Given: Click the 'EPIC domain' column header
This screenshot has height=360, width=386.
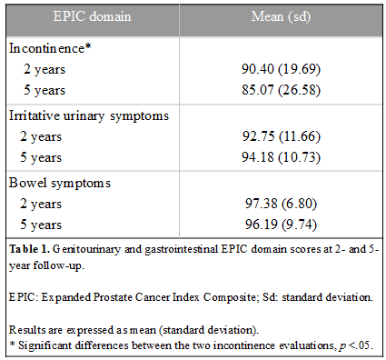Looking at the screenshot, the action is [92, 16].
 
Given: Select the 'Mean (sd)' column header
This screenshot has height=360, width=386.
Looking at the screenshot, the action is [281, 17].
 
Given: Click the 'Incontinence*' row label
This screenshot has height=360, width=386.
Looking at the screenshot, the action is [50, 48].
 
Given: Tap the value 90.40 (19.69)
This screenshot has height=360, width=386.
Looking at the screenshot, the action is [281, 69].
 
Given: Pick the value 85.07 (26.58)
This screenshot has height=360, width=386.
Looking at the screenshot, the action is [281, 90].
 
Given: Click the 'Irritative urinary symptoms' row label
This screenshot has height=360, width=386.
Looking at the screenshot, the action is [89, 116].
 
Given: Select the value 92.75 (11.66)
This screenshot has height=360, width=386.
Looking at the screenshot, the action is [282, 136].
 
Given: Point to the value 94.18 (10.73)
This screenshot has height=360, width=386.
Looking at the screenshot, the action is [281, 157].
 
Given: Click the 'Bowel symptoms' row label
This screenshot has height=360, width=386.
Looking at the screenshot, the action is [60, 184].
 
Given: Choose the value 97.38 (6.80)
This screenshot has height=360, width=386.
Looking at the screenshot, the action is [281, 204].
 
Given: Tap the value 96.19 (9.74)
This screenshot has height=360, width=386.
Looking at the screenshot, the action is [281, 225].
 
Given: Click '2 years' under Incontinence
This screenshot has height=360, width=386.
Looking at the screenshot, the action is [45, 70].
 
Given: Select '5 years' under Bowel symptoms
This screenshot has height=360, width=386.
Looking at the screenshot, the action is [41, 225].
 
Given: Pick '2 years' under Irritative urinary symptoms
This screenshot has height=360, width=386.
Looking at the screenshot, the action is [41, 137].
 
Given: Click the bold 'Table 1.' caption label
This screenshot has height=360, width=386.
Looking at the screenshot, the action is [29, 249].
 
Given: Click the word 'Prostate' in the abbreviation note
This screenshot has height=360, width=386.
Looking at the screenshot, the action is [113, 297].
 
